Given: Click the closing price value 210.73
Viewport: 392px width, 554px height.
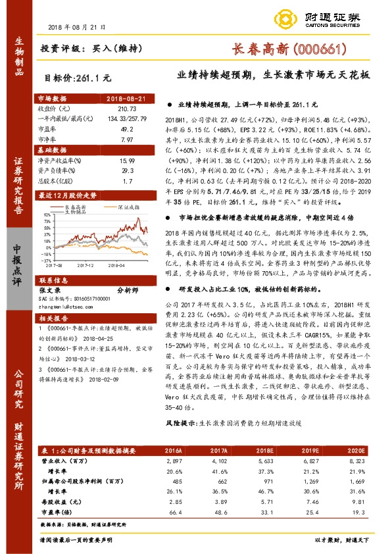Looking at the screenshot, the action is point(126,108).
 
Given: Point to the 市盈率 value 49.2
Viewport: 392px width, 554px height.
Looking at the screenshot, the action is point(126,130).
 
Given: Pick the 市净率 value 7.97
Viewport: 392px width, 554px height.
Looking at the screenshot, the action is point(126,140).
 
